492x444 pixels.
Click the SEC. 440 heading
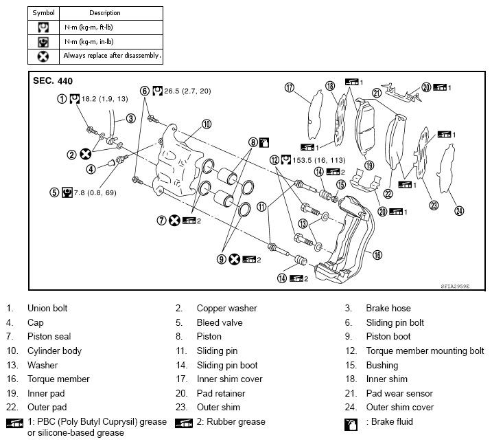pos(53,80)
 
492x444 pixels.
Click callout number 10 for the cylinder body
pos(206,124)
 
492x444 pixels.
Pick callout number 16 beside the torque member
pos(377,254)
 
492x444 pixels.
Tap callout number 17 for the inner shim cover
pos(290,87)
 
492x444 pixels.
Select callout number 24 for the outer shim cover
pos(459,210)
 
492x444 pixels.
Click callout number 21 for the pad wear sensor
pos(376,93)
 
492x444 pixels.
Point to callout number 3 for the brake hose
pos(130,118)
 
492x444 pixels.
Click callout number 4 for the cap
pos(91,168)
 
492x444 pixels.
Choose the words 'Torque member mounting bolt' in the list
pos(425,351)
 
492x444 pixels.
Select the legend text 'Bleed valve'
pos(220,322)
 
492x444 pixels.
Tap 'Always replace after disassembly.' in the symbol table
pos(112,55)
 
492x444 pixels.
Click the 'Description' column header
pos(105,13)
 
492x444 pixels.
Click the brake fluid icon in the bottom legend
pos(350,424)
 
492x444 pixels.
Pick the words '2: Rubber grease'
pos(228,422)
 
